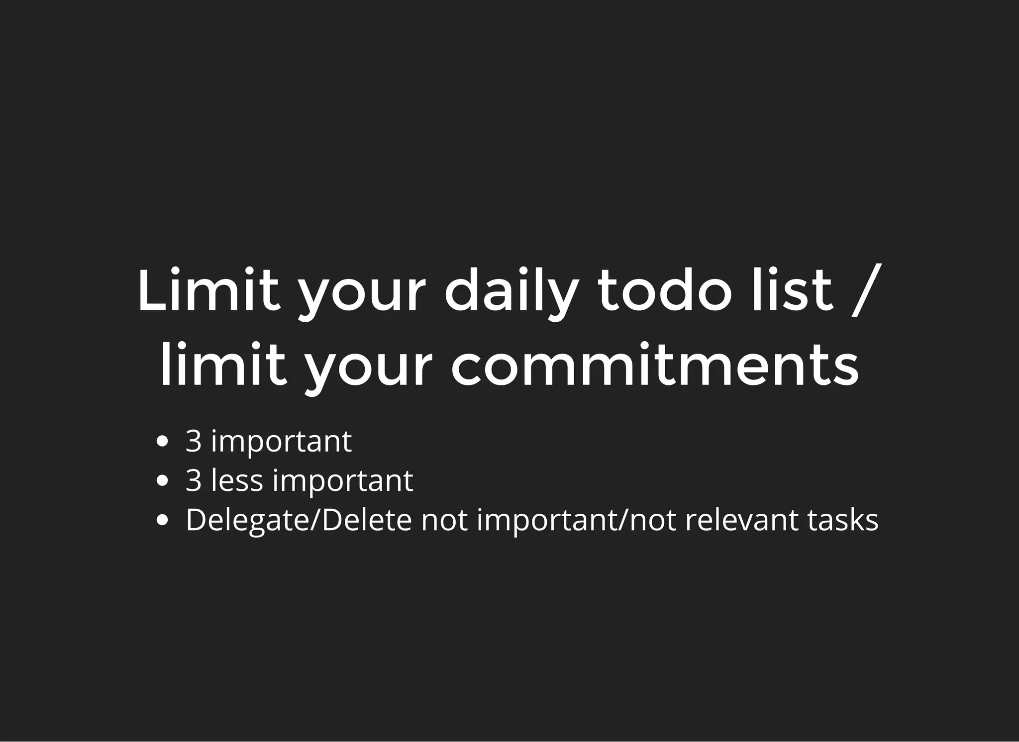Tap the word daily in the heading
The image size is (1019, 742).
pos(512,292)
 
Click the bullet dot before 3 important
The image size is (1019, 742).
pos(162,441)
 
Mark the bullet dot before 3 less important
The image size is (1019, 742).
pos(162,481)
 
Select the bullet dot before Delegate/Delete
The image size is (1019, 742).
pos(162,520)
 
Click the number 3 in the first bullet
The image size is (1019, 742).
pos(194,441)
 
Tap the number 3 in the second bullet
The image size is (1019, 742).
pos(194,480)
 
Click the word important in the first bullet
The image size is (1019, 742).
pos(282,442)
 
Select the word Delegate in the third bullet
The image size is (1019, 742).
pos(248,521)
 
